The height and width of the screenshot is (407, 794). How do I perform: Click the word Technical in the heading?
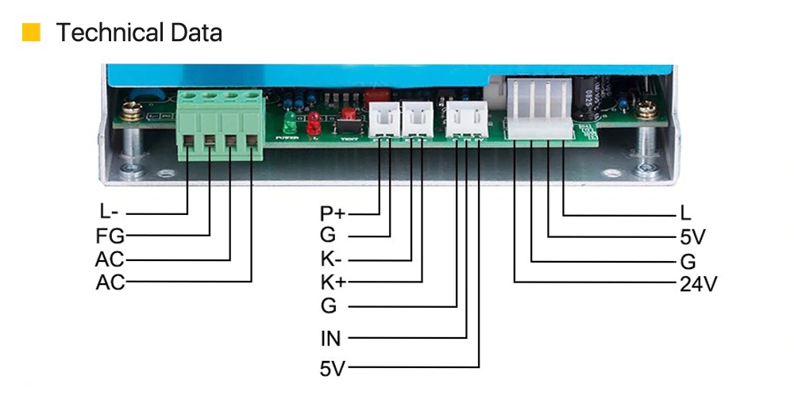[x=106, y=33]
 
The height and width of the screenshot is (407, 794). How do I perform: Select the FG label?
[x=110, y=236]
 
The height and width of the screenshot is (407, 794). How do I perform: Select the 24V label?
[x=698, y=284]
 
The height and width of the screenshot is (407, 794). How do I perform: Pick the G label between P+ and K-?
[x=329, y=236]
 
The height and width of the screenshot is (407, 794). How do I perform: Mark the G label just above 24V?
[x=688, y=261]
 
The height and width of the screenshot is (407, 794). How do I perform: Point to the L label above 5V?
[x=685, y=213]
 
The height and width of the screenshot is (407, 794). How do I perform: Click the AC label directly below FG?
[x=110, y=259]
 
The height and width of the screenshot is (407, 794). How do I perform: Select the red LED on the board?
[x=314, y=121]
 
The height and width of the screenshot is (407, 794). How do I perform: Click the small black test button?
[x=347, y=125]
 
